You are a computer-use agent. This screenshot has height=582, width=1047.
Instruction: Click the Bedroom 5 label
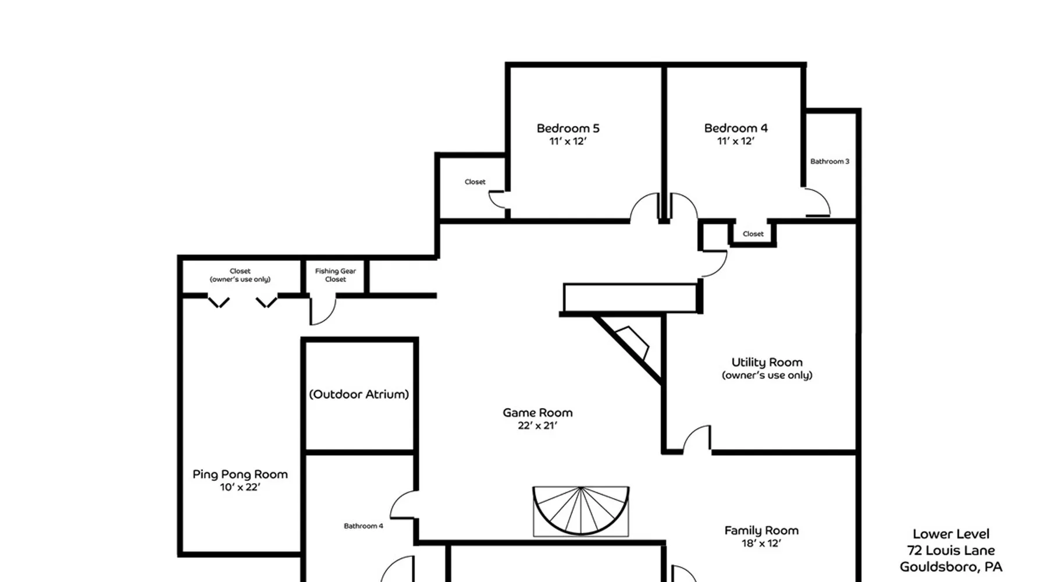[568, 128]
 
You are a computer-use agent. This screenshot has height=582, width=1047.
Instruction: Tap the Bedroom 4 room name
[736, 128]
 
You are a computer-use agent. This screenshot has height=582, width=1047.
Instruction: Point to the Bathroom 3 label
[829, 161]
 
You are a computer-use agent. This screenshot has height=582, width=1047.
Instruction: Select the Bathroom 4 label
[364, 526]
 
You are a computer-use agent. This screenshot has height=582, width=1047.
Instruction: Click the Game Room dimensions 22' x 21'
[537, 425]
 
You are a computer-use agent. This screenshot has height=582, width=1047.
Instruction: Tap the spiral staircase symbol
[581, 511]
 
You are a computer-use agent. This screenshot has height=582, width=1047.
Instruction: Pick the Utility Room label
[767, 363]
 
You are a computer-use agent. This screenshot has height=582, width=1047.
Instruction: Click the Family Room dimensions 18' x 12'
[761, 544]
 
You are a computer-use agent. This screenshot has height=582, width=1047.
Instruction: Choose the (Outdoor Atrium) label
[359, 395]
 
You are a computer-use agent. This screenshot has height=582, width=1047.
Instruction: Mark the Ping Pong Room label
[240, 474]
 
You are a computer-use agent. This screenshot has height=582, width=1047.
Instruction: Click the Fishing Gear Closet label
[336, 275]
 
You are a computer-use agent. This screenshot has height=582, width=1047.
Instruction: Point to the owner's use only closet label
[240, 275]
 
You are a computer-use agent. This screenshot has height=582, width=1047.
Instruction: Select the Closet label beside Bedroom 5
[475, 182]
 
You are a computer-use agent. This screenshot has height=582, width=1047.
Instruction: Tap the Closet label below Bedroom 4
[753, 234]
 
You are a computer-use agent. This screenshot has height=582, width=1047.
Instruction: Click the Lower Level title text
[951, 534]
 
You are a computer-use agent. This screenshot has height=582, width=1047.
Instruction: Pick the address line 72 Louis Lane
[951, 551]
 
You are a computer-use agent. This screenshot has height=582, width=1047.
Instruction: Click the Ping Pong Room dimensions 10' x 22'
[240, 487]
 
